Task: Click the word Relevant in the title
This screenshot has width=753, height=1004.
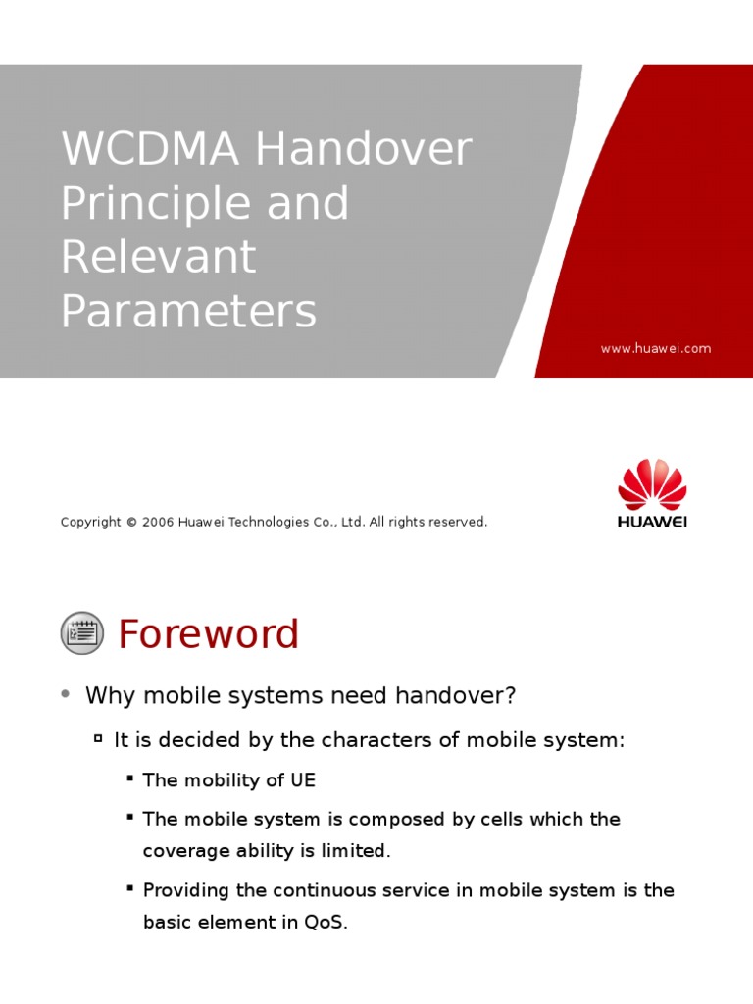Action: [158, 257]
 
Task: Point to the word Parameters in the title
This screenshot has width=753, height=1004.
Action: [188, 311]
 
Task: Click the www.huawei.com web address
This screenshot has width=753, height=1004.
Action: [656, 348]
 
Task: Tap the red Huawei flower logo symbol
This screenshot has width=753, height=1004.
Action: [652, 484]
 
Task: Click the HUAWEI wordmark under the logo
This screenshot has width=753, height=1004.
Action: [652, 522]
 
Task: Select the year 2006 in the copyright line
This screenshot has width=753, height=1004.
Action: [158, 522]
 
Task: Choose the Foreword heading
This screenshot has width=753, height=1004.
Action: [208, 634]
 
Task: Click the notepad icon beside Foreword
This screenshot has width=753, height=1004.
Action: [82, 632]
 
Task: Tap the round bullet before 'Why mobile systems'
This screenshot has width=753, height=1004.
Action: [66, 694]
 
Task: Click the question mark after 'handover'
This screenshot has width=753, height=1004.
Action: [510, 695]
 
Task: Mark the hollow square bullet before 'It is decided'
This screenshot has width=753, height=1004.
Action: [98, 739]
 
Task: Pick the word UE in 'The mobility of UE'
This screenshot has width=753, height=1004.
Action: [303, 780]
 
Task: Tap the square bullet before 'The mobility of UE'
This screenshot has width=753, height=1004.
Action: [129, 778]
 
